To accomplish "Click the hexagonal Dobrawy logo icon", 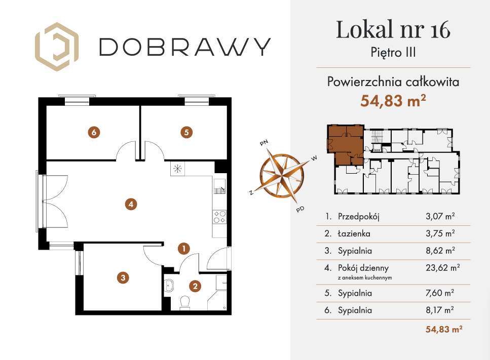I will point(56,47).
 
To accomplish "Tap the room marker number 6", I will point(94,132).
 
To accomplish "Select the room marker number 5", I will point(186,132).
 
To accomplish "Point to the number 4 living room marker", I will point(131,205).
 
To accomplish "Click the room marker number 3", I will point(122,277).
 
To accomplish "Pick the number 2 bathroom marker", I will point(194,286).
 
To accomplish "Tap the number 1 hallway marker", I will point(183,248).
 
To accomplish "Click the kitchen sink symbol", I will point(220,187).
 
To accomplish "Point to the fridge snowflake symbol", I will point(178,169).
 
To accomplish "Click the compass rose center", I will point(282,174).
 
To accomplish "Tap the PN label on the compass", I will point(263,143).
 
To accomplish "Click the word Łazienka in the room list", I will point(354,234).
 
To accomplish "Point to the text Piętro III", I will point(393,53).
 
